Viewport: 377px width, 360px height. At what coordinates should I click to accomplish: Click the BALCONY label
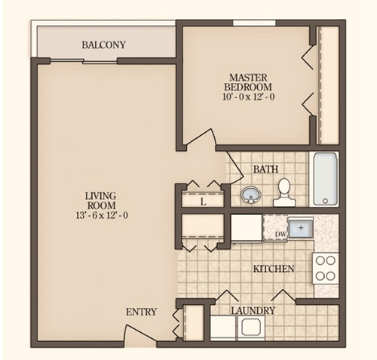[103, 45]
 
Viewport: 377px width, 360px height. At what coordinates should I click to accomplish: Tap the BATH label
[265, 169]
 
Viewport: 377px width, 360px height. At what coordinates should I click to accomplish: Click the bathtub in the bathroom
[325, 179]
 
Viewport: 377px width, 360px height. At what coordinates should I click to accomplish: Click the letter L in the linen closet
[204, 202]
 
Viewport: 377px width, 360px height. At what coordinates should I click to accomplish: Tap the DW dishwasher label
[280, 235]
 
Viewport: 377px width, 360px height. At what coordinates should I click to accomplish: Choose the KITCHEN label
[273, 269]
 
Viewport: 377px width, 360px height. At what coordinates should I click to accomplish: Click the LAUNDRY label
[253, 310]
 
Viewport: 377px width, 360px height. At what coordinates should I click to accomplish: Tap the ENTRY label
[141, 312]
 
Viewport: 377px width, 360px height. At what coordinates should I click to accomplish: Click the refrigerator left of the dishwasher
[246, 228]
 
